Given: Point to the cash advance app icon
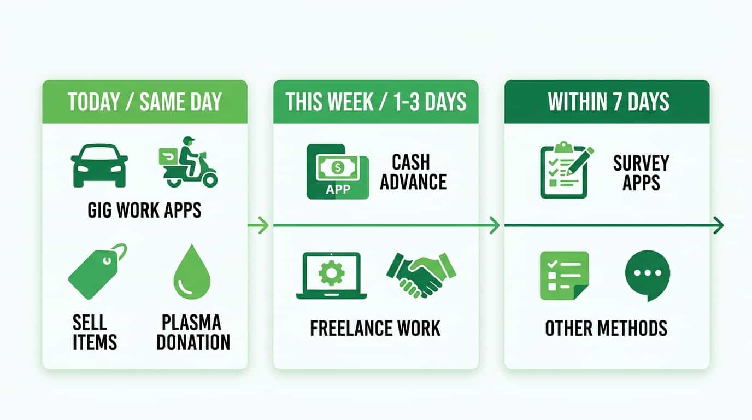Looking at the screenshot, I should (333, 171).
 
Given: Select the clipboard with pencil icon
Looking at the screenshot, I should (566, 170).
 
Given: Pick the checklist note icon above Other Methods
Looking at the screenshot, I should (564, 276).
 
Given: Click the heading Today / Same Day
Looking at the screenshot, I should (145, 102).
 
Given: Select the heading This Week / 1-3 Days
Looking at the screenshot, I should (376, 102).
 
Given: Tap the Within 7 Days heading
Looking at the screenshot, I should (607, 102).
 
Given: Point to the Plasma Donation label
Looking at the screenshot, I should (193, 332).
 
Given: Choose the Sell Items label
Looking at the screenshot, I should (95, 332).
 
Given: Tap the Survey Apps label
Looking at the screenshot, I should (641, 172).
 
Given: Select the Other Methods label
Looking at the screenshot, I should (606, 328).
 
